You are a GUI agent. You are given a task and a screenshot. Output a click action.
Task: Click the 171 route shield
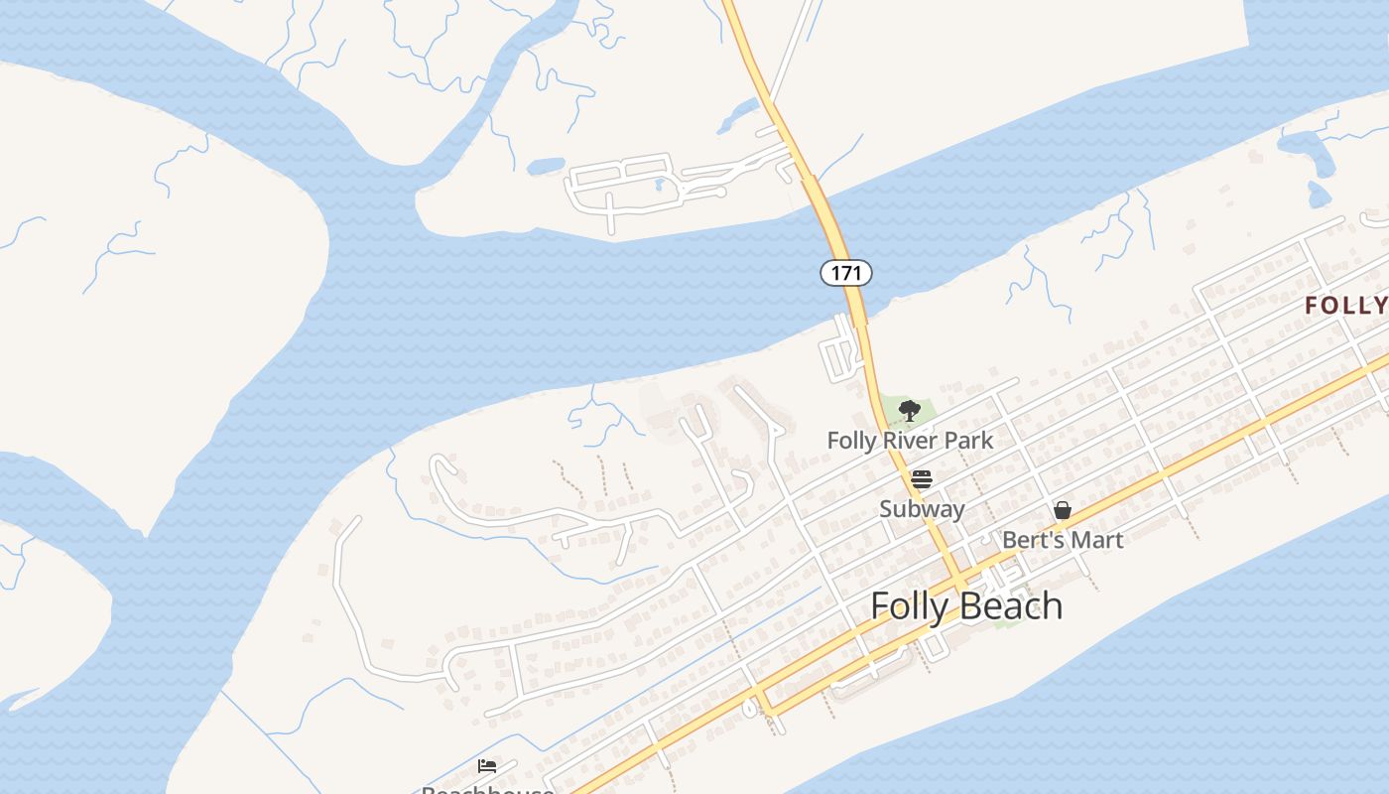tap(845, 272)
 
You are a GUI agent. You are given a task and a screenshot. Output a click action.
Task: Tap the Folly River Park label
tap(910, 440)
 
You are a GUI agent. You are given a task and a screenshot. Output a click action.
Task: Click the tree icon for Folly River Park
tap(909, 410)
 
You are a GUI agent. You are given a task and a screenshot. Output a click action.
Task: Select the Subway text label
tap(922, 509)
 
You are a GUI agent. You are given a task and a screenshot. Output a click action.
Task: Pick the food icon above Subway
tap(922, 480)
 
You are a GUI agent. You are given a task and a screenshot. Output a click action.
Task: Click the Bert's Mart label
tap(1063, 540)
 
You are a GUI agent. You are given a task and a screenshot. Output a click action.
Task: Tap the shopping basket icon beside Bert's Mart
tap(1063, 510)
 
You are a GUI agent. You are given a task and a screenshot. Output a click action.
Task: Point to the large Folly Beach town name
tap(966, 605)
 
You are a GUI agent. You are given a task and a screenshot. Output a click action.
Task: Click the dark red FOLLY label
tap(1346, 306)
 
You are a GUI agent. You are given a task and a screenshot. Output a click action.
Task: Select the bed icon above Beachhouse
tap(487, 766)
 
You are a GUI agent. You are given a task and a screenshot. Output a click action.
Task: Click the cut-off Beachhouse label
tap(487, 789)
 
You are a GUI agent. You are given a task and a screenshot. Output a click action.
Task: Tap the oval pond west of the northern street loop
tap(546, 166)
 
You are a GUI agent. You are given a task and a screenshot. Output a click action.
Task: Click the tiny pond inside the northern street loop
tap(659, 184)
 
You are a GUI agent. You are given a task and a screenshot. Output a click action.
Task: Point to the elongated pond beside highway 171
tap(738, 116)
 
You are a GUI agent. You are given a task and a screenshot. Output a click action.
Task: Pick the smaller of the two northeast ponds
tap(1319, 194)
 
